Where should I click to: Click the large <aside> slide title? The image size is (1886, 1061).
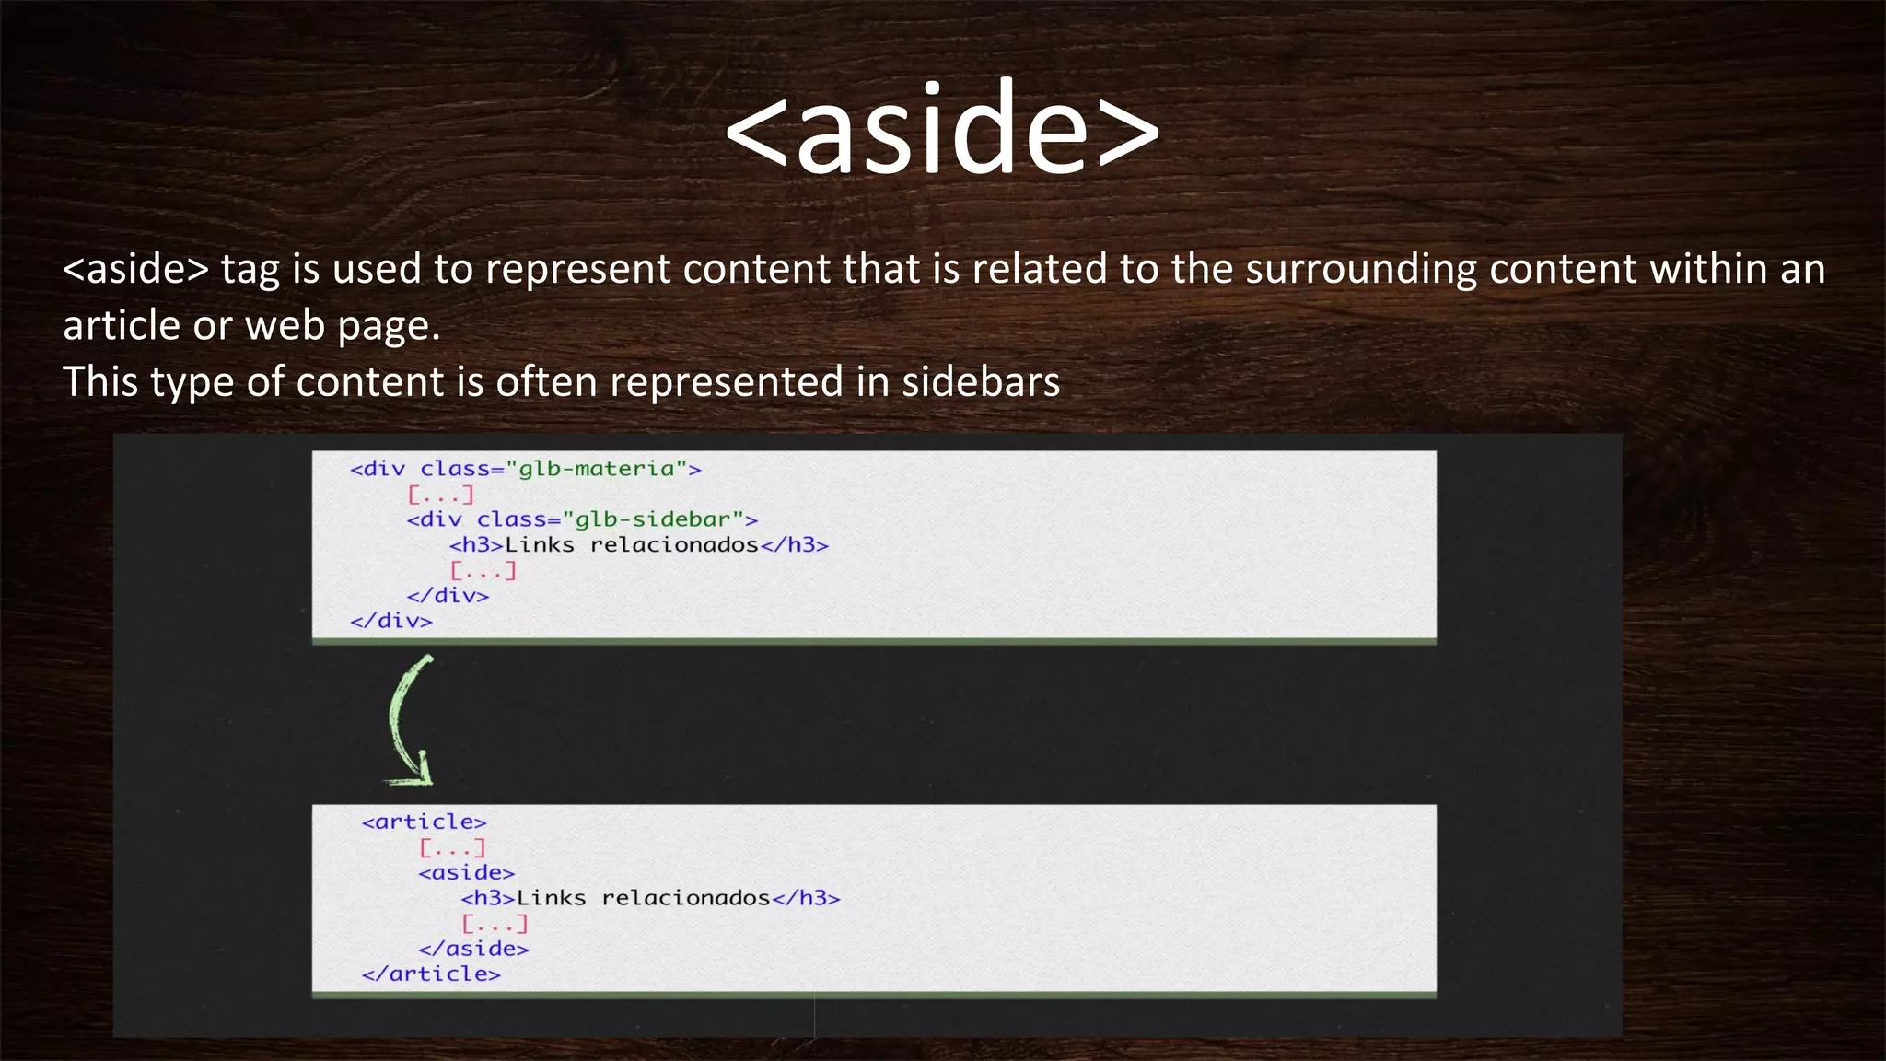click(942, 129)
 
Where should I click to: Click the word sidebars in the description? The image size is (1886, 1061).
click(981, 382)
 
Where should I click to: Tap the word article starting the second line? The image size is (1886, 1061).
click(121, 326)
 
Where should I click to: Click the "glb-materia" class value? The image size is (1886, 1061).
click(596, 469)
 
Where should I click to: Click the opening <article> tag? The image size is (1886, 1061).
click(424, 822)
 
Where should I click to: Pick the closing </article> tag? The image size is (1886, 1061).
click(431, 974)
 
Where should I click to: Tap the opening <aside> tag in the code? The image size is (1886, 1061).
click(466, 872)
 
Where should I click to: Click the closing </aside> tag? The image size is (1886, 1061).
click(473, 949)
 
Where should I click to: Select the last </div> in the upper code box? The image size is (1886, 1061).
click(391, 621)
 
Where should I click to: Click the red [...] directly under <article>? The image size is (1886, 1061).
click(452, 847)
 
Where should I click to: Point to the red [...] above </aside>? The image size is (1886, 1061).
click(495, 923)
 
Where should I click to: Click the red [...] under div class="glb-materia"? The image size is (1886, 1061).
click(441, 495)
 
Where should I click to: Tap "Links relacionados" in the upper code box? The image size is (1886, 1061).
click(632, 545)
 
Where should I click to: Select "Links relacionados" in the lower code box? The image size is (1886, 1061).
click(643, 898)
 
